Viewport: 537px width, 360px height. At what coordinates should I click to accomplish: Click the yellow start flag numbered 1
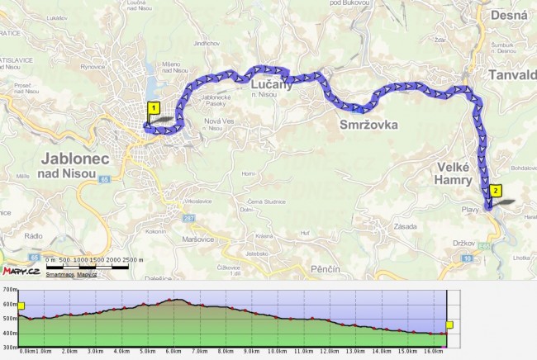point(153,107)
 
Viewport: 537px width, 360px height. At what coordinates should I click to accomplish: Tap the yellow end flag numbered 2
point(495,190)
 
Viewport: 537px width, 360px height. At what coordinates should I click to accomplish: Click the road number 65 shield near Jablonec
point(103,178)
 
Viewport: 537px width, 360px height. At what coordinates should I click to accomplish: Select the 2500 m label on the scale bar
point(132,260)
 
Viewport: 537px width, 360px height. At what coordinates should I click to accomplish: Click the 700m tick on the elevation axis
point(9,290)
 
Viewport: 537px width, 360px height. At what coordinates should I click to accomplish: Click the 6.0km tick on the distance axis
point(173,352)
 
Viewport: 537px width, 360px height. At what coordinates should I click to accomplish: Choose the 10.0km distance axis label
point(277,352)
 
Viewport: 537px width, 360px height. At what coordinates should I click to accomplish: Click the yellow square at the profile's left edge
point(21,306)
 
